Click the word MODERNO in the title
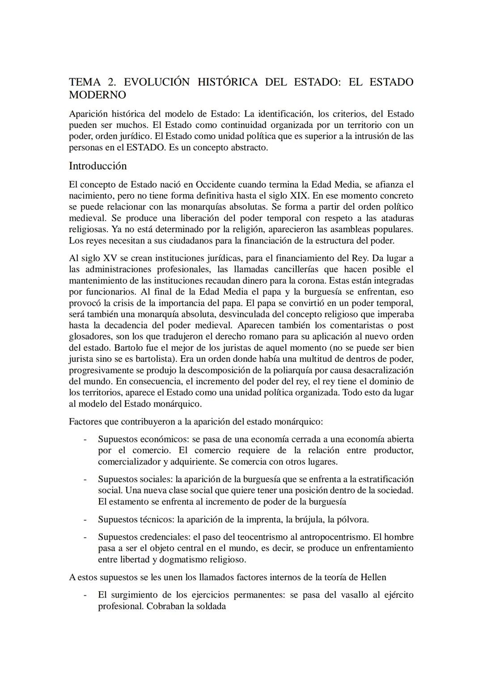pyautogui.click(x=97, y=95)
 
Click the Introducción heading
pyautogui.click(x=97, y=166)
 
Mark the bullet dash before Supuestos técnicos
pyautogui.click(x=85, y=519)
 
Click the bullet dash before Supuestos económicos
pyautogui.click(x=85, y=439)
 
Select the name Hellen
pyautogui.click(x=373, y=577)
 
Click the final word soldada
pyautogui.click(x=211, y=607)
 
